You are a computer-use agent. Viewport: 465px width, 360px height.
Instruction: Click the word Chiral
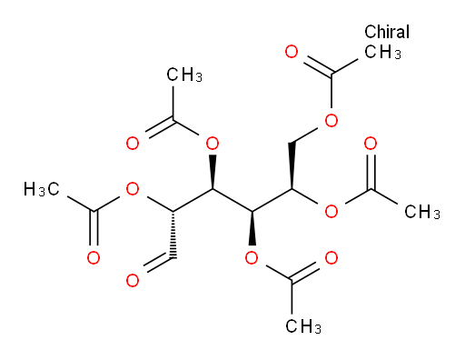[x=387, y=32]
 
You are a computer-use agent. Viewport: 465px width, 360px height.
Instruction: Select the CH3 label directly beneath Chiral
[x=382, y=52]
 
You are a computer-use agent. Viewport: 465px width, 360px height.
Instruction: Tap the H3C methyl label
[x=42, y=189]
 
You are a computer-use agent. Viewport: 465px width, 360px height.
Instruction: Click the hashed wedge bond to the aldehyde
[x=173, y=235]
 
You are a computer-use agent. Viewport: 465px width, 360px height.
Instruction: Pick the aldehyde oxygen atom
[x=133, y=280]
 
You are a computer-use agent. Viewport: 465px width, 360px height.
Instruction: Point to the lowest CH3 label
[x=303, y=326]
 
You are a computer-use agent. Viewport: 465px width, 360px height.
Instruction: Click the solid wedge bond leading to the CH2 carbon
[x=292, y=165]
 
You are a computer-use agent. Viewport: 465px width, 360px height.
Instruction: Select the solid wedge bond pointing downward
[x=252, y=228]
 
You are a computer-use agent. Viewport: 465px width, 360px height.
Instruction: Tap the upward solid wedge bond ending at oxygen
[x=213, y=172]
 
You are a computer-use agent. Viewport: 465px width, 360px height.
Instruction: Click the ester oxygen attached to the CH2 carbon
[x=331, y=120]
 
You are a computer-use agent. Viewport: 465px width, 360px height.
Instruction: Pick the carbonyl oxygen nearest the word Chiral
[x=292, y=52]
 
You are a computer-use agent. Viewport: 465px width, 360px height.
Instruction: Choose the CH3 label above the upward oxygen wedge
[x=184, y=75]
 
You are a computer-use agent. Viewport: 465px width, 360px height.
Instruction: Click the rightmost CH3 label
[x=422, y=212]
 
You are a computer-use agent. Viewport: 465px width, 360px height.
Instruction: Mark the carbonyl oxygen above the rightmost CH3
[x=371, y=144]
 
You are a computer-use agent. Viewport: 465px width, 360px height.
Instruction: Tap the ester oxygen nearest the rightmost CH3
[x=331, y=212]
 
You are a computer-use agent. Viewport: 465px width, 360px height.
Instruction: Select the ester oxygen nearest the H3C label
[x=133, y=189]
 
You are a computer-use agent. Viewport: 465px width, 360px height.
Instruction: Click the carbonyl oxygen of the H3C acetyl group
[x=94, y=258]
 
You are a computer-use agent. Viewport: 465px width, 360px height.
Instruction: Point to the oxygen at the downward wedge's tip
[x=252, y=258]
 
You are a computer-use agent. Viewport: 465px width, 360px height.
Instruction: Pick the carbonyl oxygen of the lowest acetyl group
[x=331, y=258]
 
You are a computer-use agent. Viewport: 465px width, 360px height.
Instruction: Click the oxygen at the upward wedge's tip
[x=213, y=144]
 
